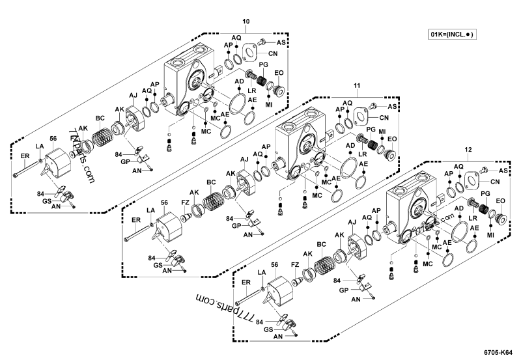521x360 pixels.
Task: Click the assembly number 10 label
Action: click(246, 21)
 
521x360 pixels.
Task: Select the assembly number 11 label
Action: click(356, 85)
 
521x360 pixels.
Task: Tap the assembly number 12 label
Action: click(468, 149)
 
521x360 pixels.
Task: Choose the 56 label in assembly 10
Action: click(53, 139)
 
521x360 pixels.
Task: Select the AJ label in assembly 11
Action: click(244, 159)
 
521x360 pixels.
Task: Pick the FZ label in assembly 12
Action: click(295, 265)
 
